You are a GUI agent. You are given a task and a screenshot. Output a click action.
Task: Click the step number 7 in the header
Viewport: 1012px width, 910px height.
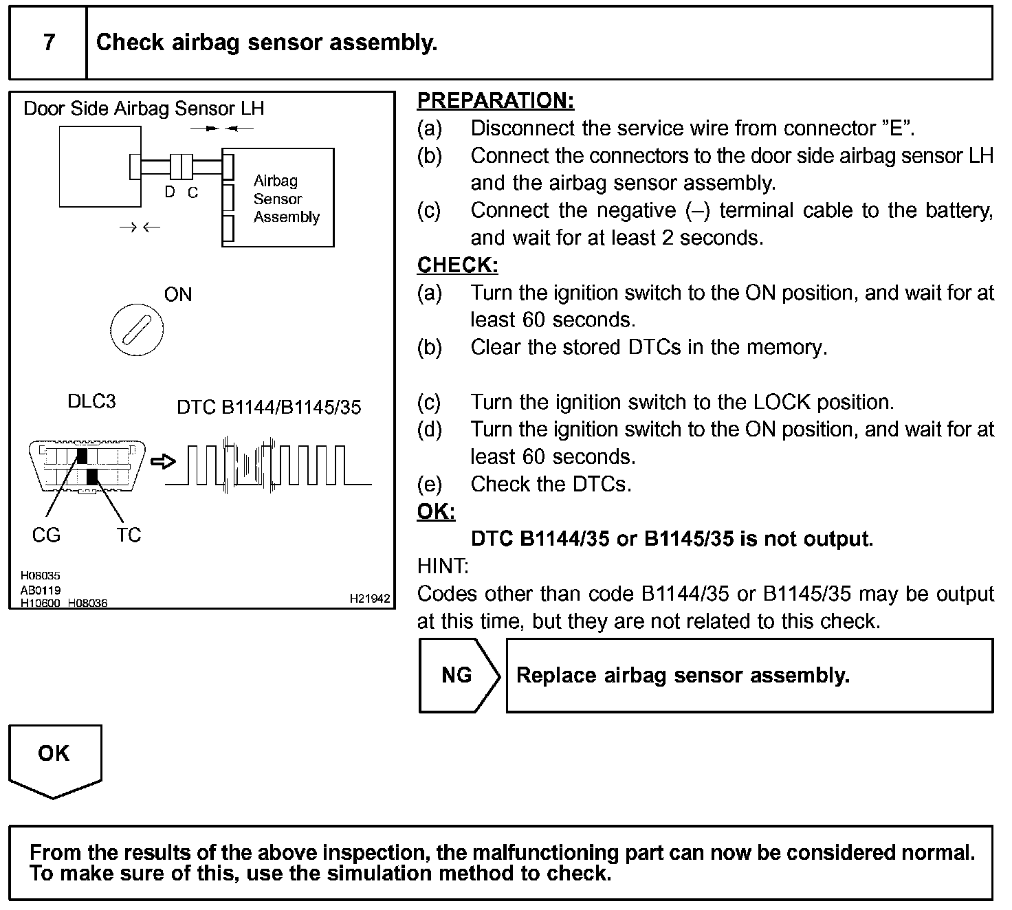pyautogui.click(x=49, y=43)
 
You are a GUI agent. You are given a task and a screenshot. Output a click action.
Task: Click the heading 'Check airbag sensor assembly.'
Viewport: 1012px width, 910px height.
pyautogui.click(x=267, y=43)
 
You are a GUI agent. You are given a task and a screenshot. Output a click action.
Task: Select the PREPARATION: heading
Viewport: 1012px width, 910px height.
pyautogui.click(x=495, y=100)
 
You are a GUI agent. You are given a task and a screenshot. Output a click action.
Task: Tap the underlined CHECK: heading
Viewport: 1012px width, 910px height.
pyautogui.click(x=457, y=265)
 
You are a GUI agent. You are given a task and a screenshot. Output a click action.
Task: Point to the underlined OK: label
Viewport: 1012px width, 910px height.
pyautogui.click(x=436, y=511)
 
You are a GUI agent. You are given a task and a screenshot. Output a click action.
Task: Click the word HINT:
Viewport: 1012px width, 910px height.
pyautogui.click(x=443, y=566)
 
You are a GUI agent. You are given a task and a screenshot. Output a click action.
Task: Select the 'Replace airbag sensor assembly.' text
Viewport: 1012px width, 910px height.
pyautogui.click(x=683, y=675)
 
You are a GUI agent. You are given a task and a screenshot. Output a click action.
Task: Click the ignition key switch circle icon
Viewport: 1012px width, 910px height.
pyautogui.click(x=137, y=330)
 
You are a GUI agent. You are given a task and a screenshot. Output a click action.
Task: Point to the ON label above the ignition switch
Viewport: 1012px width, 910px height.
pyautogui.click(x=177, y=295)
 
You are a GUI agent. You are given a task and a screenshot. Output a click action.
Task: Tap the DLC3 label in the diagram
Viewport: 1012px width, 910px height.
pyautogui.click(x=91, y=401)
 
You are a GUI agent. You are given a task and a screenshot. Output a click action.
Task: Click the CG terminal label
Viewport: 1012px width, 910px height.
pyautogui.click(x=46, y=535)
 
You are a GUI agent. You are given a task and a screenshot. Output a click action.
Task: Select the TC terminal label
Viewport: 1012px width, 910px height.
pyautogui.click(x=129, y=535)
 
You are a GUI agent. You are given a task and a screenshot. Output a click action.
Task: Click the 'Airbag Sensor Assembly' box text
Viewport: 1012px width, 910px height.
pyautogui.click(x=285, y=199)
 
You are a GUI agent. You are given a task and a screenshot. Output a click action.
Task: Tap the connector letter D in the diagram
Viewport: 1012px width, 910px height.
pyautogui.click(x=170, y=193)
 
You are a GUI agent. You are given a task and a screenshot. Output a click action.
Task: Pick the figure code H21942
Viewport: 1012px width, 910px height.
pyautogui.click(x=370, y=599)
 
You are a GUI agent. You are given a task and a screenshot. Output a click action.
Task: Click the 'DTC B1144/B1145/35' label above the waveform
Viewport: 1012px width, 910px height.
pyautogui.click(x=269, y=408)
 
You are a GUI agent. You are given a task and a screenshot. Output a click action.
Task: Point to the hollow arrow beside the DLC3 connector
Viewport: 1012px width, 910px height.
pyautogui.click(x=162, y=462)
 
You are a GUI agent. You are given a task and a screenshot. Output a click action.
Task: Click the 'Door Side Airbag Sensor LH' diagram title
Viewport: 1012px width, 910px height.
pyautogui.click(x=144, y=109)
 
